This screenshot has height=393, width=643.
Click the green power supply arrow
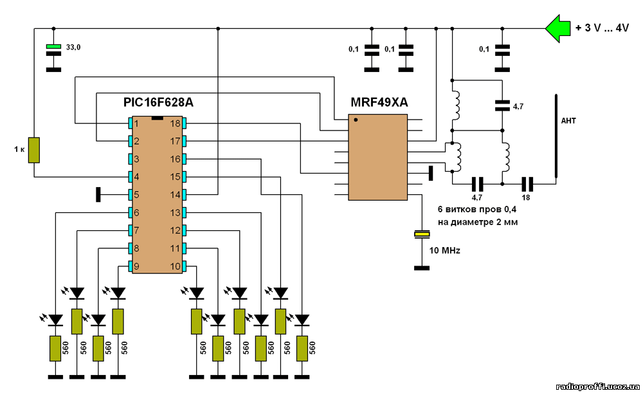pos(557,28)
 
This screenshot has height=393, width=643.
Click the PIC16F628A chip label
pos(158,102)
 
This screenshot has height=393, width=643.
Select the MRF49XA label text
pos(379,102)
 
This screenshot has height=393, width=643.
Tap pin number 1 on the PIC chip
pos(136,123)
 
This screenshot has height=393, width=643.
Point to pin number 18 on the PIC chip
pos(175,123)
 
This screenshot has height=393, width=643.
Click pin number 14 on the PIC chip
pos(175,195)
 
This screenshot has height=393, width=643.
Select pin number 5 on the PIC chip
pos(136,195)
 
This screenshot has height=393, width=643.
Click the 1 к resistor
pos(34,150)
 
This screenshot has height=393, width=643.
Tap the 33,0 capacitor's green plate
pos(53,47)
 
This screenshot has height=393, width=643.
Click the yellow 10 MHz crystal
pos(422,234)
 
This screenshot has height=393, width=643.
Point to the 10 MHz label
pos(444,250)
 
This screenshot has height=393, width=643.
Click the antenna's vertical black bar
pos(556,136)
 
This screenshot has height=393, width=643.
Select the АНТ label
pos(568,121)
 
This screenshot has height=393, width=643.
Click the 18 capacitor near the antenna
pos(527,184)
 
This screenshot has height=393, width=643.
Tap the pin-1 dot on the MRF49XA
pos(356,120)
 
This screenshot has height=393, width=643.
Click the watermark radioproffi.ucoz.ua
pos(598,387)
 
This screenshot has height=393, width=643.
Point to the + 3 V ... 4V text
pos(602,28)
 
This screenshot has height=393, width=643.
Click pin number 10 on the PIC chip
pos(175,266)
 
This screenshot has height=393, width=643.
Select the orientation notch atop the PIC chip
pos(158,118)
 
